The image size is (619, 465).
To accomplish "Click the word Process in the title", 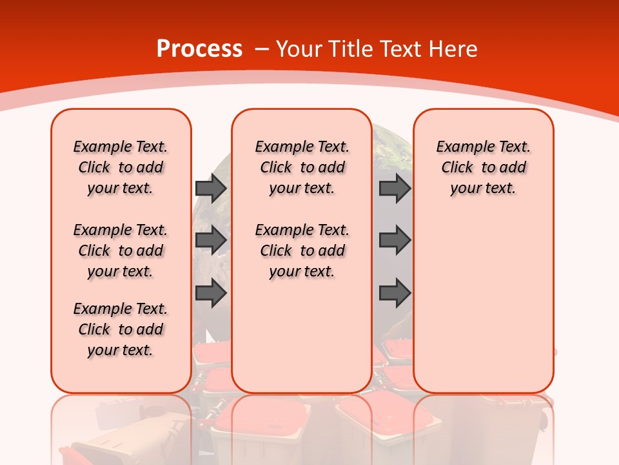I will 199,48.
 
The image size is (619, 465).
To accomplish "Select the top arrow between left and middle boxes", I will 211,188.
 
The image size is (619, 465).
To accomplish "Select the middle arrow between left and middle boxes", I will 211,241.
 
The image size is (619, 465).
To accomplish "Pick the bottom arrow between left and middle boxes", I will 211,293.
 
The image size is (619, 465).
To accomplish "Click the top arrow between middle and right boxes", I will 395,188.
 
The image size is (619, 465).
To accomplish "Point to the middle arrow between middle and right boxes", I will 395,241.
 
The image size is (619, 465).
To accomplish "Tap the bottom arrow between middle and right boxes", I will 395,293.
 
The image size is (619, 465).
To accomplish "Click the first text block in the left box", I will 121,167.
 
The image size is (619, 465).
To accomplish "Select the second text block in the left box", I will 121,251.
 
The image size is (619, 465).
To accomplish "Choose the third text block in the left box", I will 121,329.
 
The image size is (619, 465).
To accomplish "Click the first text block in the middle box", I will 302,167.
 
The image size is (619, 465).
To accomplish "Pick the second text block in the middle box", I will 302,251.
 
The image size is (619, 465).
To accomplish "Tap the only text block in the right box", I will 483,167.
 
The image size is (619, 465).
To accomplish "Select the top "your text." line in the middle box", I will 302,188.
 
